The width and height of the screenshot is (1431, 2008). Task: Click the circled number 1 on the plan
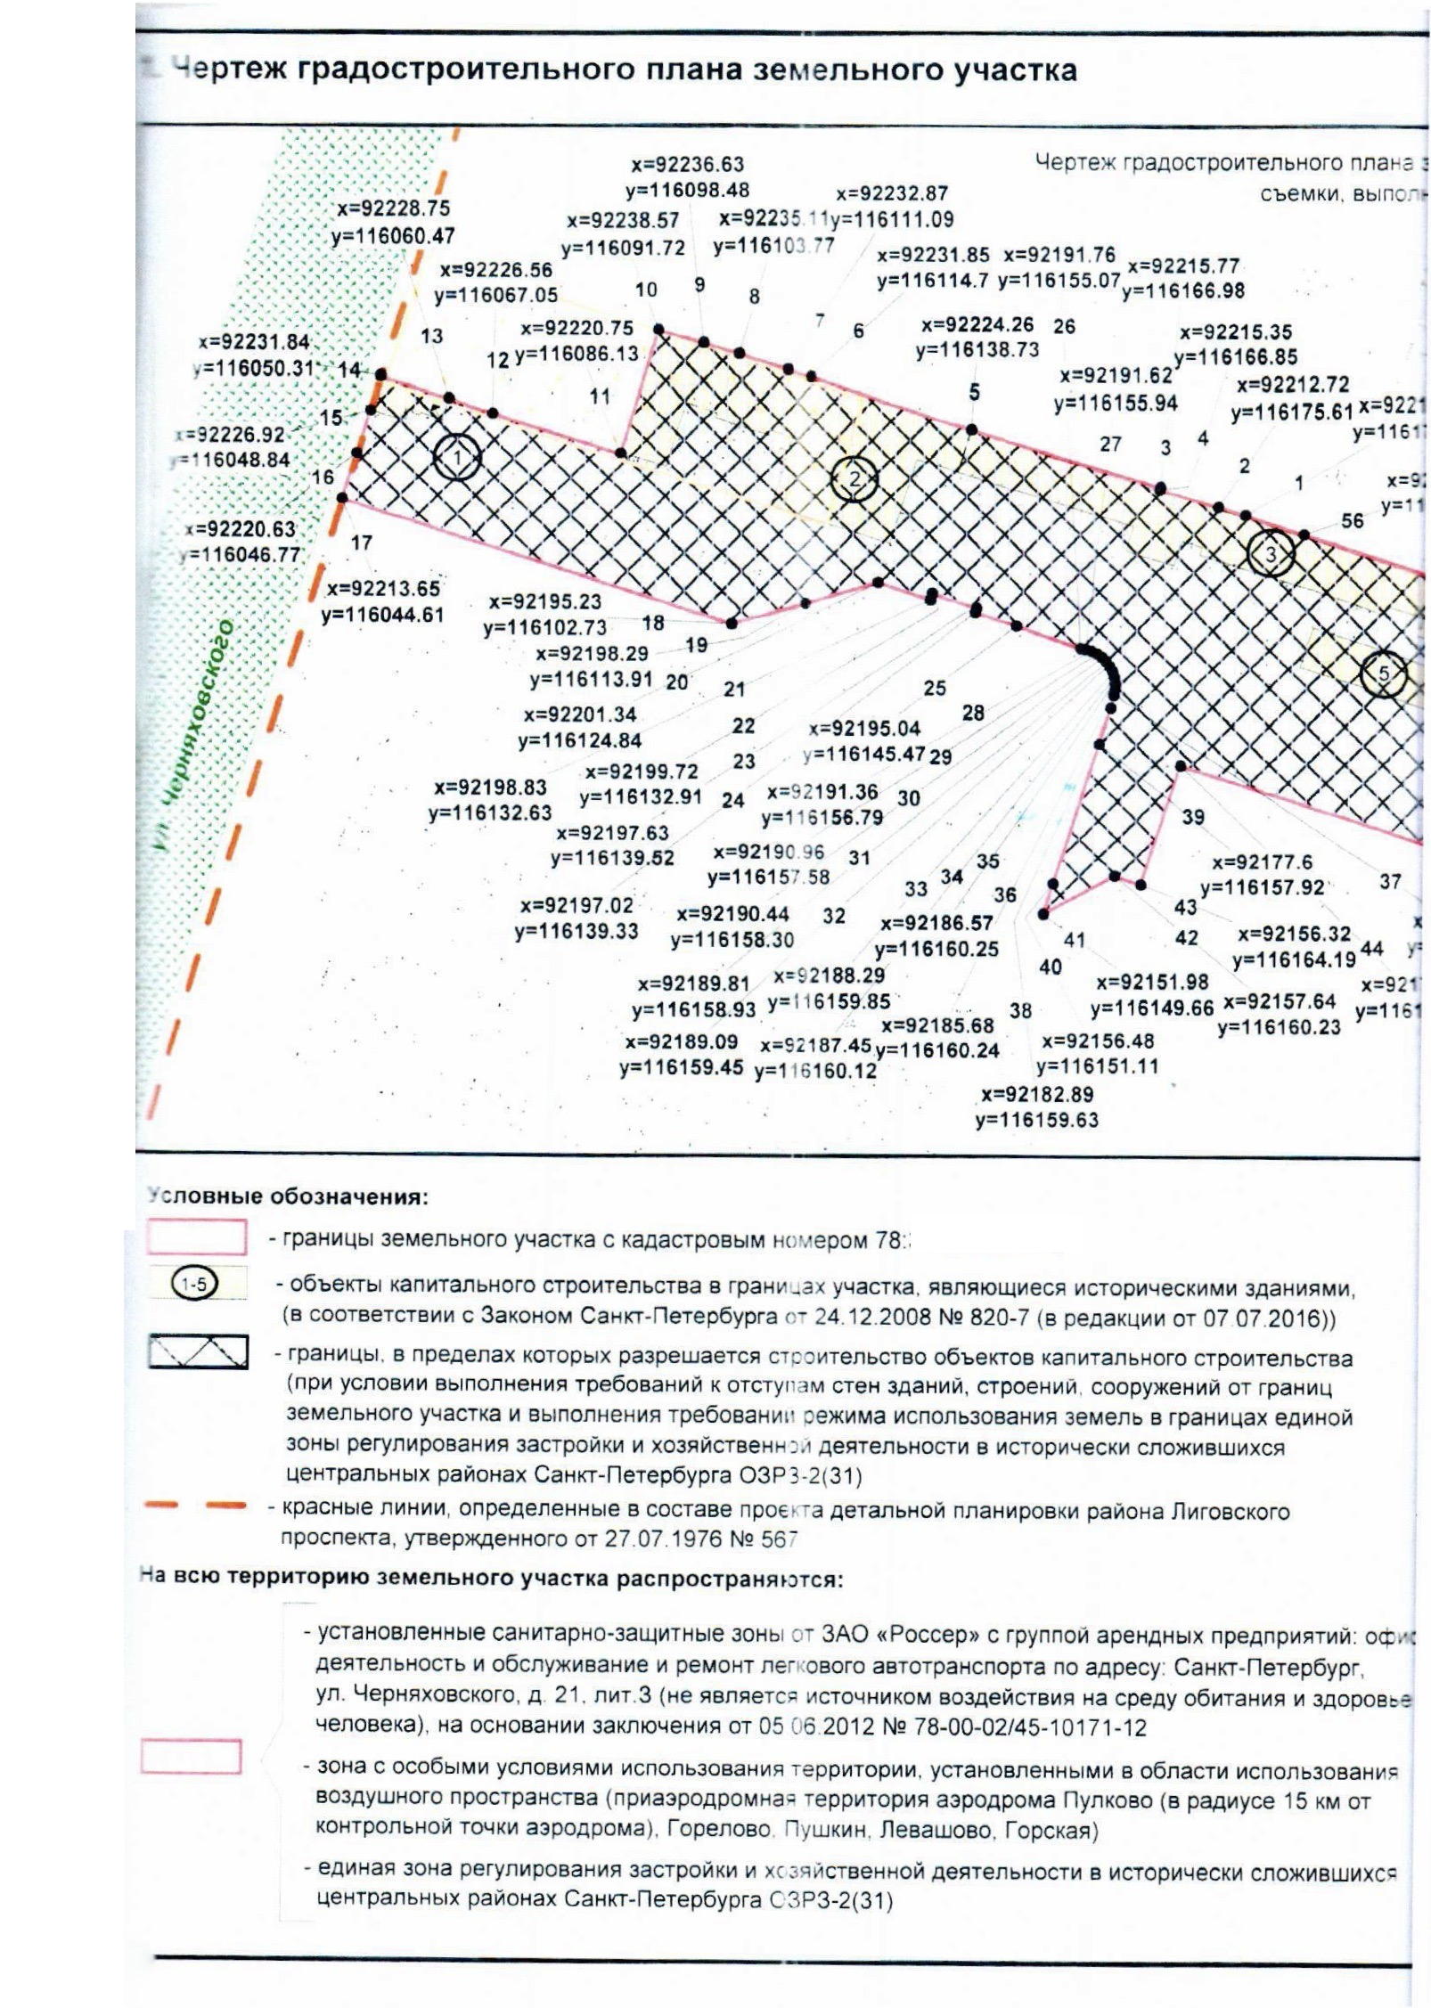[457, 458]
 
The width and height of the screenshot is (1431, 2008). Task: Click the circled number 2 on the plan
[855, 479]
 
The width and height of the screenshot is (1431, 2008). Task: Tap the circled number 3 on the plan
[1270, 554]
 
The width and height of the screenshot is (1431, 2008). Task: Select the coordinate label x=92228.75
[393, 208]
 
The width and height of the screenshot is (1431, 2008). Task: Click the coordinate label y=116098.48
[687, 190]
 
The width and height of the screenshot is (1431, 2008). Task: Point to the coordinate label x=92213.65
[383, 589]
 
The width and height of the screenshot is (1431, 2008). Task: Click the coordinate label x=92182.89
[1037, 1094]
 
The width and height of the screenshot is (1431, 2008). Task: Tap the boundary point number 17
[361, 543]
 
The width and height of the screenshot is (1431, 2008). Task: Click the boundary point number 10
[646, 290]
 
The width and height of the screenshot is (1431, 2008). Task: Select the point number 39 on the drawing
[1193, 817]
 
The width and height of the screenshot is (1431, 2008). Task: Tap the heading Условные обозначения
[288, 1196]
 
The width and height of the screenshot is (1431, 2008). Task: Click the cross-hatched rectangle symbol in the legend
[198, 1351]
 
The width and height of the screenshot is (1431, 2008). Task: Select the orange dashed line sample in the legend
[195, 1506]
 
